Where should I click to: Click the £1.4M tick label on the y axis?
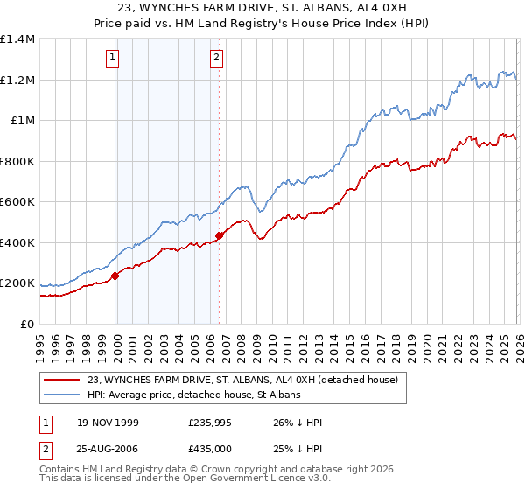pyautogui.click(x=17, y=39)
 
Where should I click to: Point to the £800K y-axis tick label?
pyautogui.click(x=17, y=161)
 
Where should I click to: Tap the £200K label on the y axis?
pyautogui.click(x=17, y=283)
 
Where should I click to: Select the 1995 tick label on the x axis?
pyautogui.click(x=40, y=341)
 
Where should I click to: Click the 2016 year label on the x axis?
pyautogui.click(x=363, y=341)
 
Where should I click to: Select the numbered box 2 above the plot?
pyautogui.click(x=216, y=59)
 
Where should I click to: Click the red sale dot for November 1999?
pyautogui.click(x=115, y=276)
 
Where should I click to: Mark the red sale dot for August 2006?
pyautogui.click(x=219, y=235)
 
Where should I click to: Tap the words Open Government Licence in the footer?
pyautogui.click(x=234, y=480)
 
